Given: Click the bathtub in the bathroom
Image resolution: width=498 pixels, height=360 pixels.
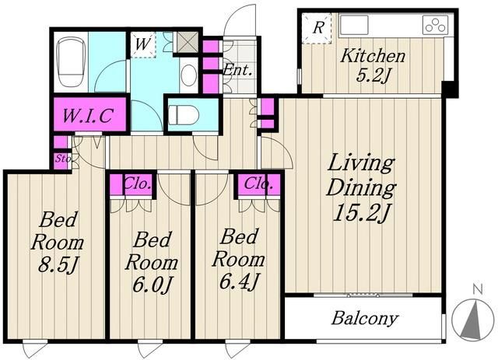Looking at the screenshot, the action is tap(71, 62).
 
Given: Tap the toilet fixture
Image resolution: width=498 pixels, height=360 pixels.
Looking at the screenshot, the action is tap(181, 114).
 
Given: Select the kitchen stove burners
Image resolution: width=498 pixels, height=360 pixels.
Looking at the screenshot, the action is tap(435, 25).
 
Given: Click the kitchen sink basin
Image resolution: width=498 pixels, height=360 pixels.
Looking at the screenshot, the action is tap(354, 25).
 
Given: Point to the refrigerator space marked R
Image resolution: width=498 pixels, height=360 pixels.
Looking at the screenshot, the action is tap(317, 28).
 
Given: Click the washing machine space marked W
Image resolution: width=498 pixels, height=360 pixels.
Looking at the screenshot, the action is tap(142, 44).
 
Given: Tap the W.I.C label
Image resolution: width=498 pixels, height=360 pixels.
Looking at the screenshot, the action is tap(88, 116).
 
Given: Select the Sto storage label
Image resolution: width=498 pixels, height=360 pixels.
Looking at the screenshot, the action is tap(62, 158).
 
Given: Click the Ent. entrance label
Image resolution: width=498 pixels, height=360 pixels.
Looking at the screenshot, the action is tap(238, 70).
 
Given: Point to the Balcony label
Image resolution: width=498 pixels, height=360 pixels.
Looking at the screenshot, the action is tap(365, 318).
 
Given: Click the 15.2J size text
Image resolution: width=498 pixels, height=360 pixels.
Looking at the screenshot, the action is tap(361, 213).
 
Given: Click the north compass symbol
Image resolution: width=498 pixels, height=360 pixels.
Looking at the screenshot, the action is tap(472, 319).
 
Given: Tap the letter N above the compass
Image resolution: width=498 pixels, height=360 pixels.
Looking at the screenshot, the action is tap(478, 289).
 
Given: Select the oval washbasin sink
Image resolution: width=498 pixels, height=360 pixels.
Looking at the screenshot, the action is tap(188, 75).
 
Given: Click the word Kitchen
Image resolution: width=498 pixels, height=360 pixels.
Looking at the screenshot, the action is tap(373, 56).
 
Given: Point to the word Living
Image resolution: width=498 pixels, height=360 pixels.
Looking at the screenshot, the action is tap(361, 164).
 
